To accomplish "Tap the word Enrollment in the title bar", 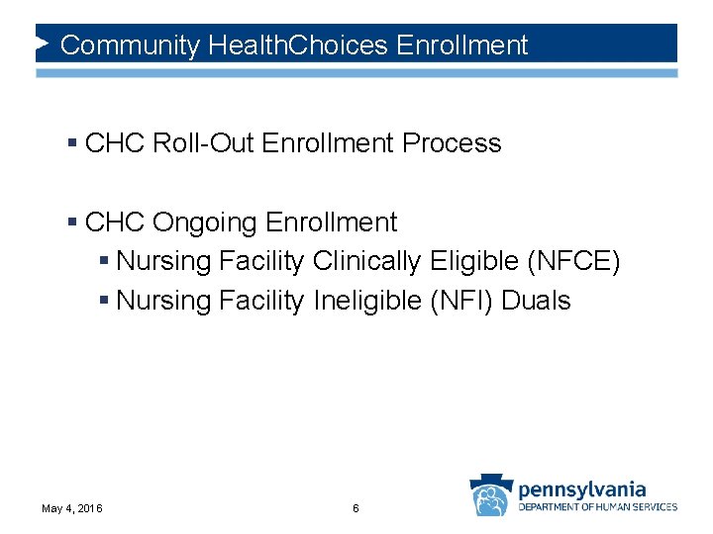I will (x=461, y=45).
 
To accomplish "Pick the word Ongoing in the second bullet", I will (x=206, y=222).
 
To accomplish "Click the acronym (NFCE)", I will (x=574, y=262).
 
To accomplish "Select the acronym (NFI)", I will (x=462, y=301).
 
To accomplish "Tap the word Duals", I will (x=537, y=301).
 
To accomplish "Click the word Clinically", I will (x=367, y=262).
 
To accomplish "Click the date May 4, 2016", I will (x=72, y=508).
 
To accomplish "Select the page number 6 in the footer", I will (x=356, y=508).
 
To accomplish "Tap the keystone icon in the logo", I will (x=490, y=495).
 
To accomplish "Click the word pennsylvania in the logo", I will (x=582, y=489).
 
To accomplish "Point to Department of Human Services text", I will (x=598, y=507).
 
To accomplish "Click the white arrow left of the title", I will (x=43, y=44).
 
